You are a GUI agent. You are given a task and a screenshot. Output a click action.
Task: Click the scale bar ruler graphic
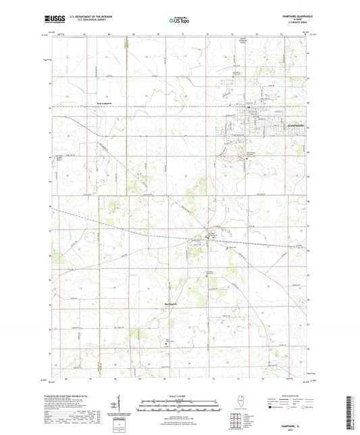point(179,405)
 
